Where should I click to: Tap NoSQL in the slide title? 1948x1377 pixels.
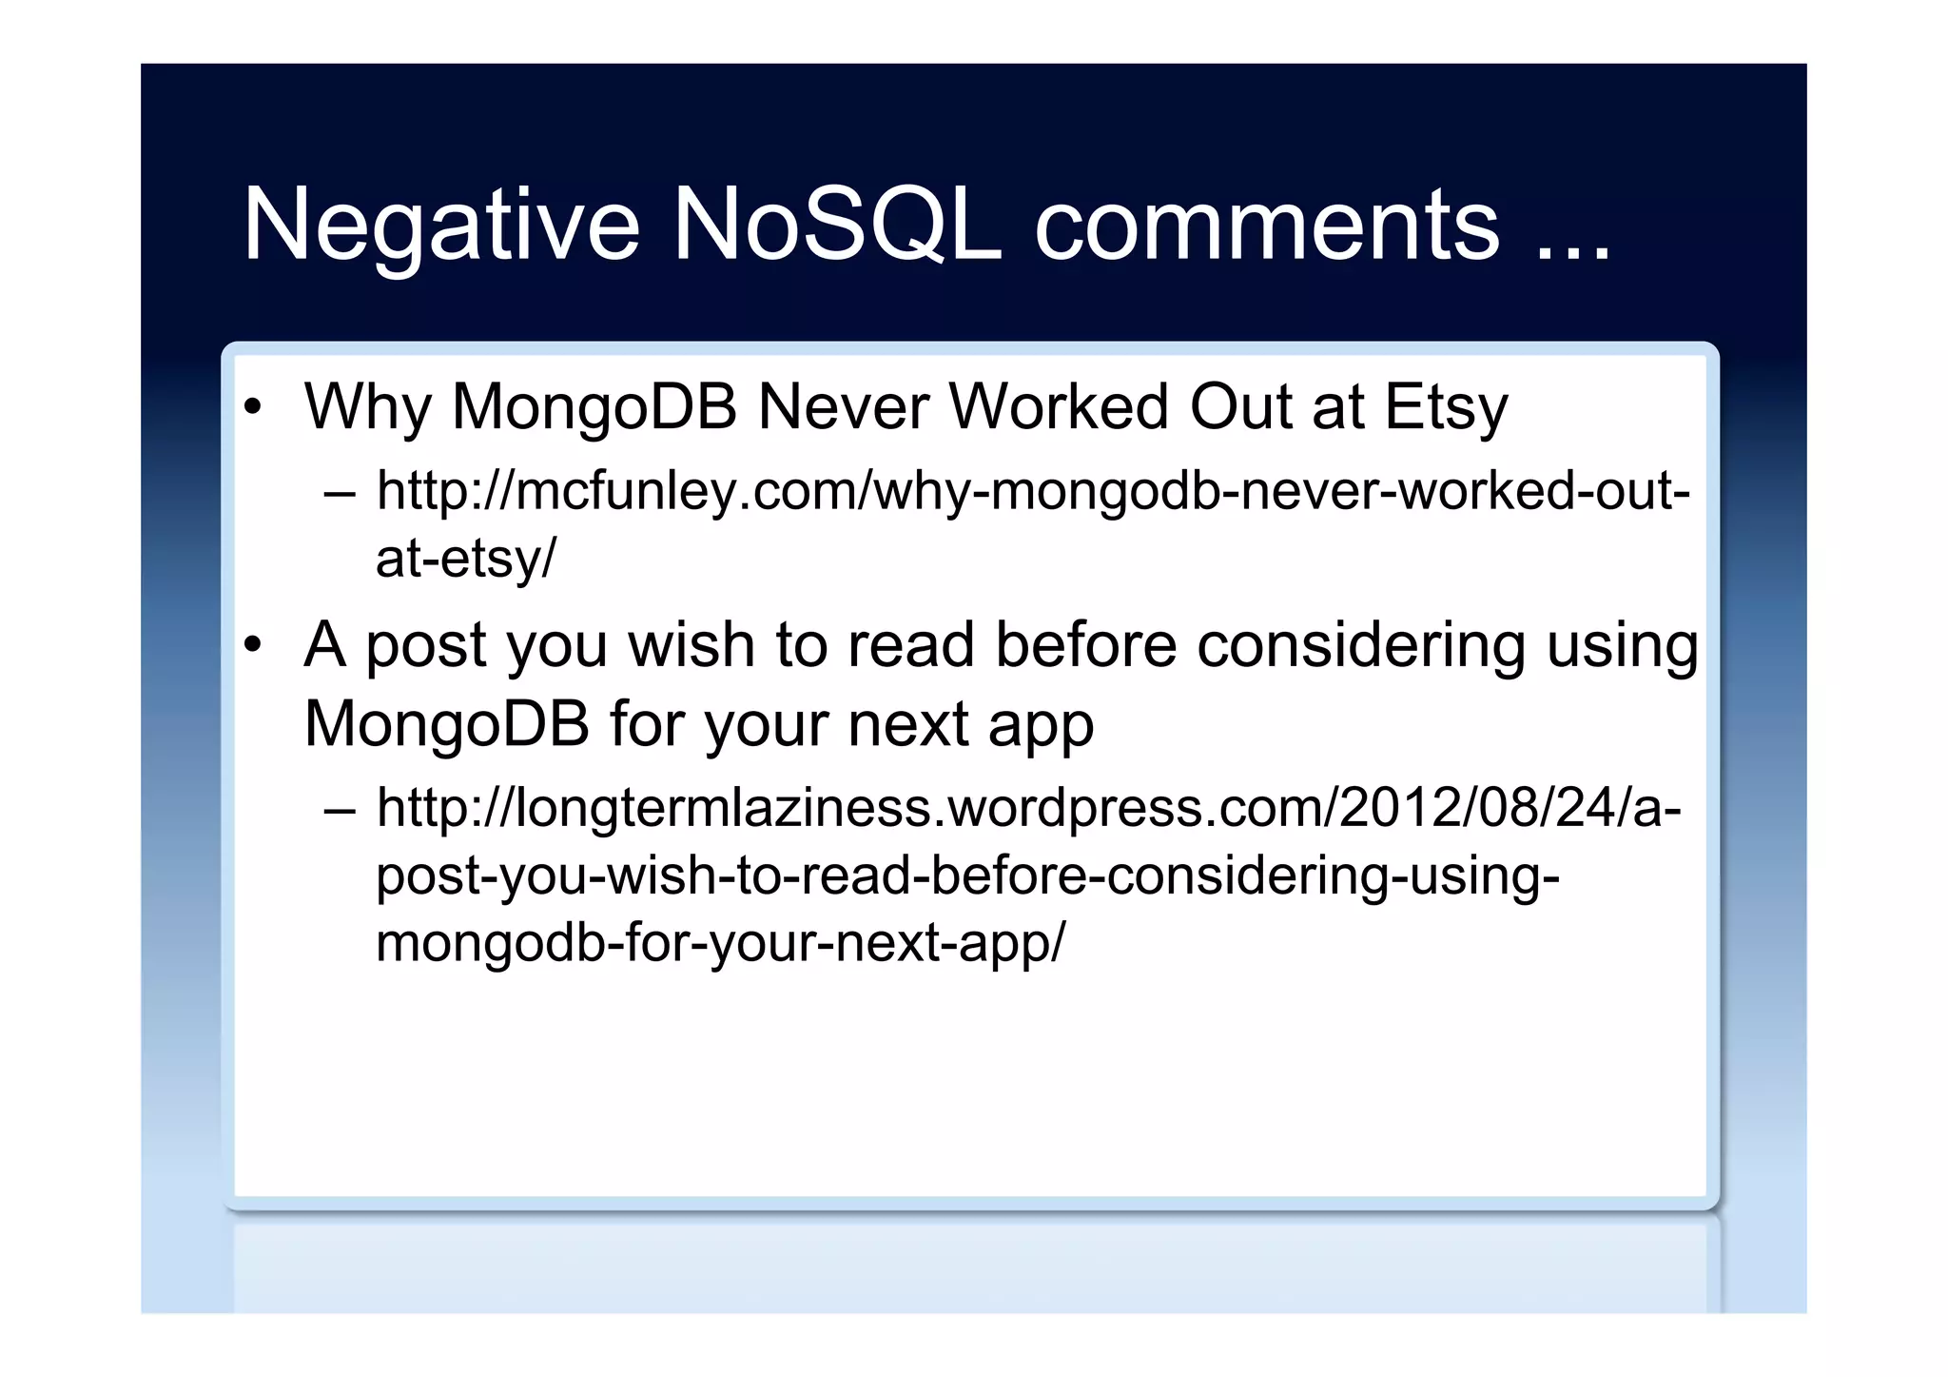837,226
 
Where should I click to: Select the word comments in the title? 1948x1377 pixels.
1267,226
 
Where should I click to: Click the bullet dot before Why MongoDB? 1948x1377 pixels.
252,408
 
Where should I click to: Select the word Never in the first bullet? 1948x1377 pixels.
844,407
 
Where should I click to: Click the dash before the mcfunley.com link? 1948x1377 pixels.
340,494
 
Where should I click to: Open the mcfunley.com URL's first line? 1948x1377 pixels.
1033,493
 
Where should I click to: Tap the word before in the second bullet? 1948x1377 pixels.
1086,645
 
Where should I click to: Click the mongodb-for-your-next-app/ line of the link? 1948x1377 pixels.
721,943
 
